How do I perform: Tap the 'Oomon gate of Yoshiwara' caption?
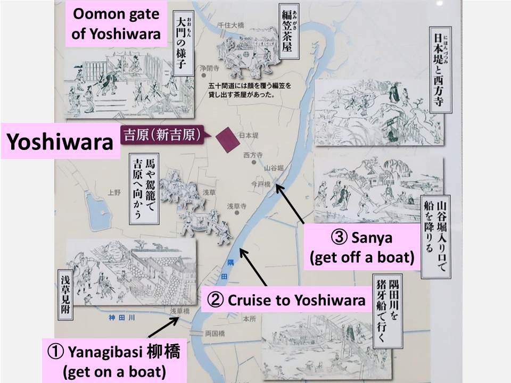[117, 24]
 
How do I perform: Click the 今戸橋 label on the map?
[261, 184]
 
